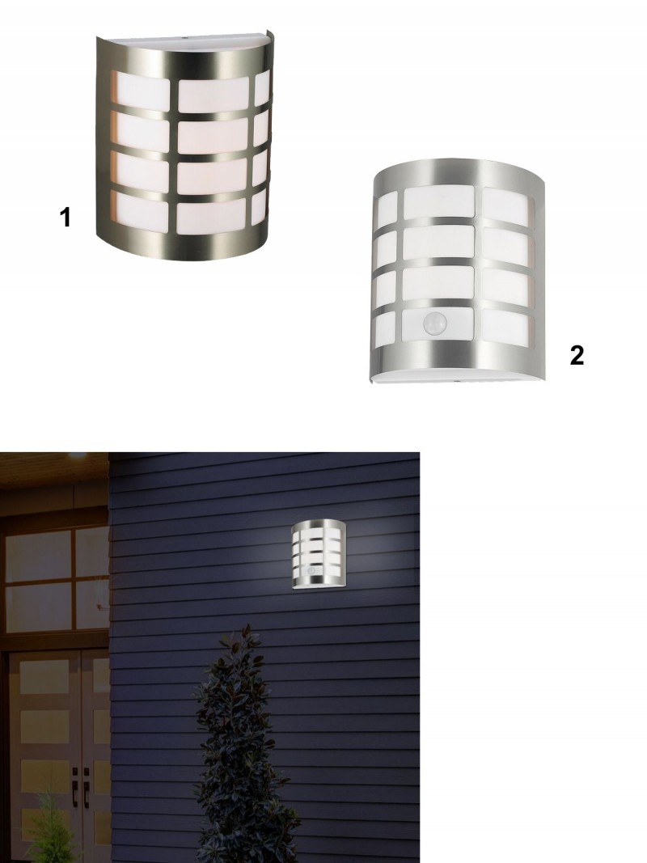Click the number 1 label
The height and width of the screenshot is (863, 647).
(x=65, y=217)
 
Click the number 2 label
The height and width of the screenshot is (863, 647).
(x=577, y=356)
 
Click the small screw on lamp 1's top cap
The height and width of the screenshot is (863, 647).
(x=184, y=39)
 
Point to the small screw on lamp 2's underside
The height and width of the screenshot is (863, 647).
(x=456, y=380)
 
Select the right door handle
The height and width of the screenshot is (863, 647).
(x=87, y=781)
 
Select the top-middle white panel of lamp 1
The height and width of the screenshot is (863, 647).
(x=213, y=95)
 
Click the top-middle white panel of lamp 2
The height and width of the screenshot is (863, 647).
(x=439, y=202)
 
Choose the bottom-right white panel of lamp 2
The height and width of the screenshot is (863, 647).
(x=506, y=328)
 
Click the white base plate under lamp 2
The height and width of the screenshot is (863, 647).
(x=459, y=379)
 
